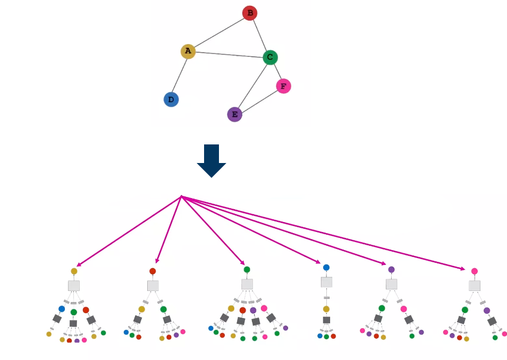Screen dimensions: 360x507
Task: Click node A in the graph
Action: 188,51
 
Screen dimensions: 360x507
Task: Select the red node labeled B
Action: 249,13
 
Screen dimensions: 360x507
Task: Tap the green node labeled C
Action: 270,57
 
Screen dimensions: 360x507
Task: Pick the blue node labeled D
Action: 171,99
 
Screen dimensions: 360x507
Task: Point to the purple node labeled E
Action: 234,114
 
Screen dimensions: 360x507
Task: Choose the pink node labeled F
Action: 283,85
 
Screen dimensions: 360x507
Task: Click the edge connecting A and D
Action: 180,75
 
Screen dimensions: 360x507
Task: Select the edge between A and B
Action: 218,32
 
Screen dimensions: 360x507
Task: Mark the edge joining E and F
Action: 259,100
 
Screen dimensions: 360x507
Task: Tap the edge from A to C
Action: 229,54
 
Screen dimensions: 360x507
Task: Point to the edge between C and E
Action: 252,85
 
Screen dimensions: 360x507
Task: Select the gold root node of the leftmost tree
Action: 74,271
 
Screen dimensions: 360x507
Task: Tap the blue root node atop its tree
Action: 326,268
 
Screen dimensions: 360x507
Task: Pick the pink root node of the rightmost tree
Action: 475,271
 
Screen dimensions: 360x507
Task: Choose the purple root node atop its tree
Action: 391,269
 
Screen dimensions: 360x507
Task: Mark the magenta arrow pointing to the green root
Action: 213,230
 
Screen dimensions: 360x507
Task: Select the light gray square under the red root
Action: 153,286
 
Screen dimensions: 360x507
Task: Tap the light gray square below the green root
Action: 247,284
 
